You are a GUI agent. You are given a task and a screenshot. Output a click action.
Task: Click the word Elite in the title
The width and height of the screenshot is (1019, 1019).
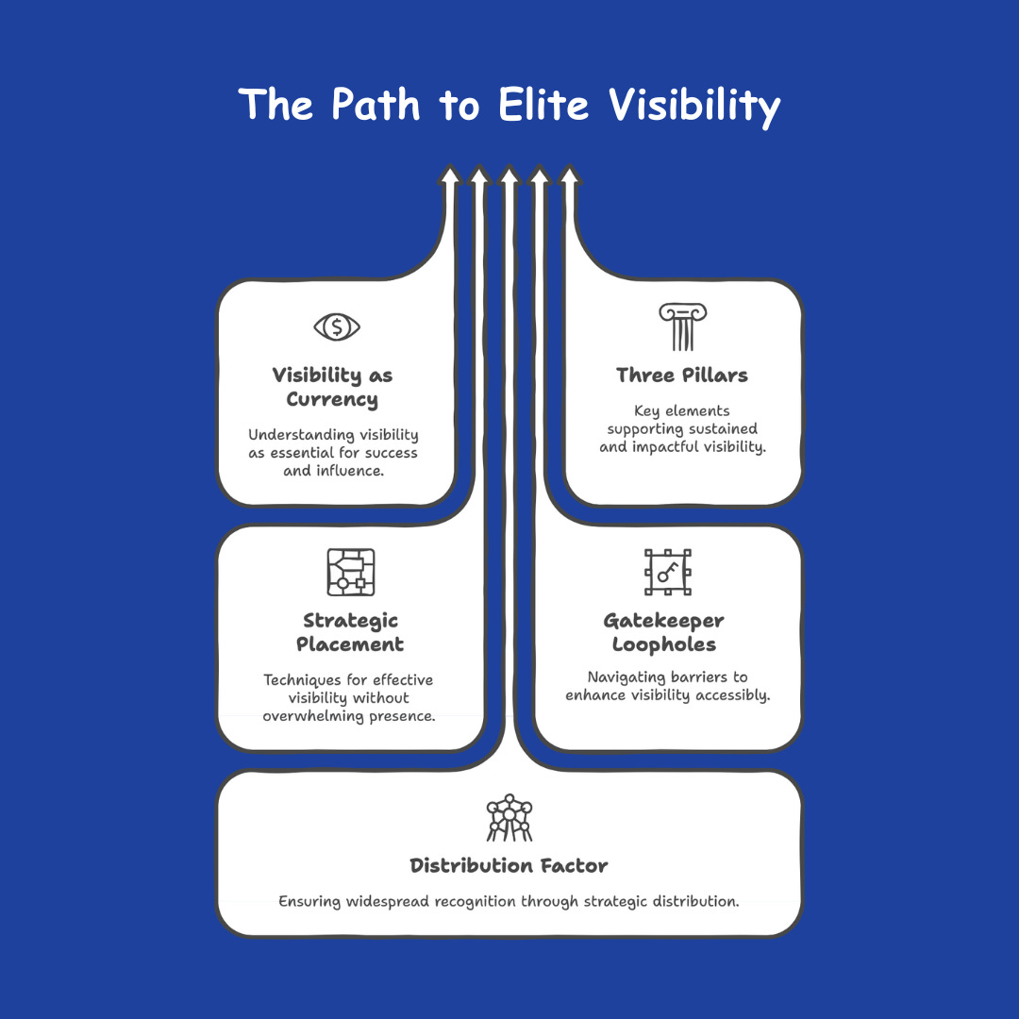click(546, 104)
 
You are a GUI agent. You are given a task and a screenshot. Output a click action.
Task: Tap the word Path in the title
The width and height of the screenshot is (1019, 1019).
click(373, 104)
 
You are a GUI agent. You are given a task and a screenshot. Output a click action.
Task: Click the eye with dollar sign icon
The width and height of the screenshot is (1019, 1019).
click(337, 327)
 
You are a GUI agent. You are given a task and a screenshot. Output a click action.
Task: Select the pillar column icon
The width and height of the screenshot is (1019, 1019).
click(682, 327)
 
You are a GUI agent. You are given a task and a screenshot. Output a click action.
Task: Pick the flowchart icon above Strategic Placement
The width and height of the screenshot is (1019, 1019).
click(350, 573)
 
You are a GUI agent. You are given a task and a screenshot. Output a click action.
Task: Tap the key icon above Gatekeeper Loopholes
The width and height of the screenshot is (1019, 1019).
click(667, 573)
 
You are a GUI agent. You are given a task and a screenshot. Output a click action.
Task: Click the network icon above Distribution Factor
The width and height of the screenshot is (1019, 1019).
click(509, 818)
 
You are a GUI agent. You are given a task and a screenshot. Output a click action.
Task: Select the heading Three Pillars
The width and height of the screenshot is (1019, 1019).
click(681, 376)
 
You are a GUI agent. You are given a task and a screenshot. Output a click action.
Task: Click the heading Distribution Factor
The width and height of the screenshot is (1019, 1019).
click(509, 866)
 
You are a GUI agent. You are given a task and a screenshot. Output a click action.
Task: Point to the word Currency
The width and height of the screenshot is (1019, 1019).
click(332, 400)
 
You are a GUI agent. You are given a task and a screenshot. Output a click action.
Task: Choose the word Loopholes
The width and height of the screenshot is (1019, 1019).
click(663, 645)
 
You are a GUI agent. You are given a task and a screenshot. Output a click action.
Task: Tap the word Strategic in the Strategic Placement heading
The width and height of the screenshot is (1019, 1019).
click(350, 621)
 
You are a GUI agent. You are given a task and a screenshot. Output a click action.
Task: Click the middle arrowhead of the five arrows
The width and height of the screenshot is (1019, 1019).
click(509, 175)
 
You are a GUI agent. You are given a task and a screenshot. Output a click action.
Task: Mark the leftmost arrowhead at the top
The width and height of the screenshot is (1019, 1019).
click(450, 175)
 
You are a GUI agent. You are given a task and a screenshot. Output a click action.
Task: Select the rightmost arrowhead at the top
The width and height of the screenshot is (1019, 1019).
click(569, 175)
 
